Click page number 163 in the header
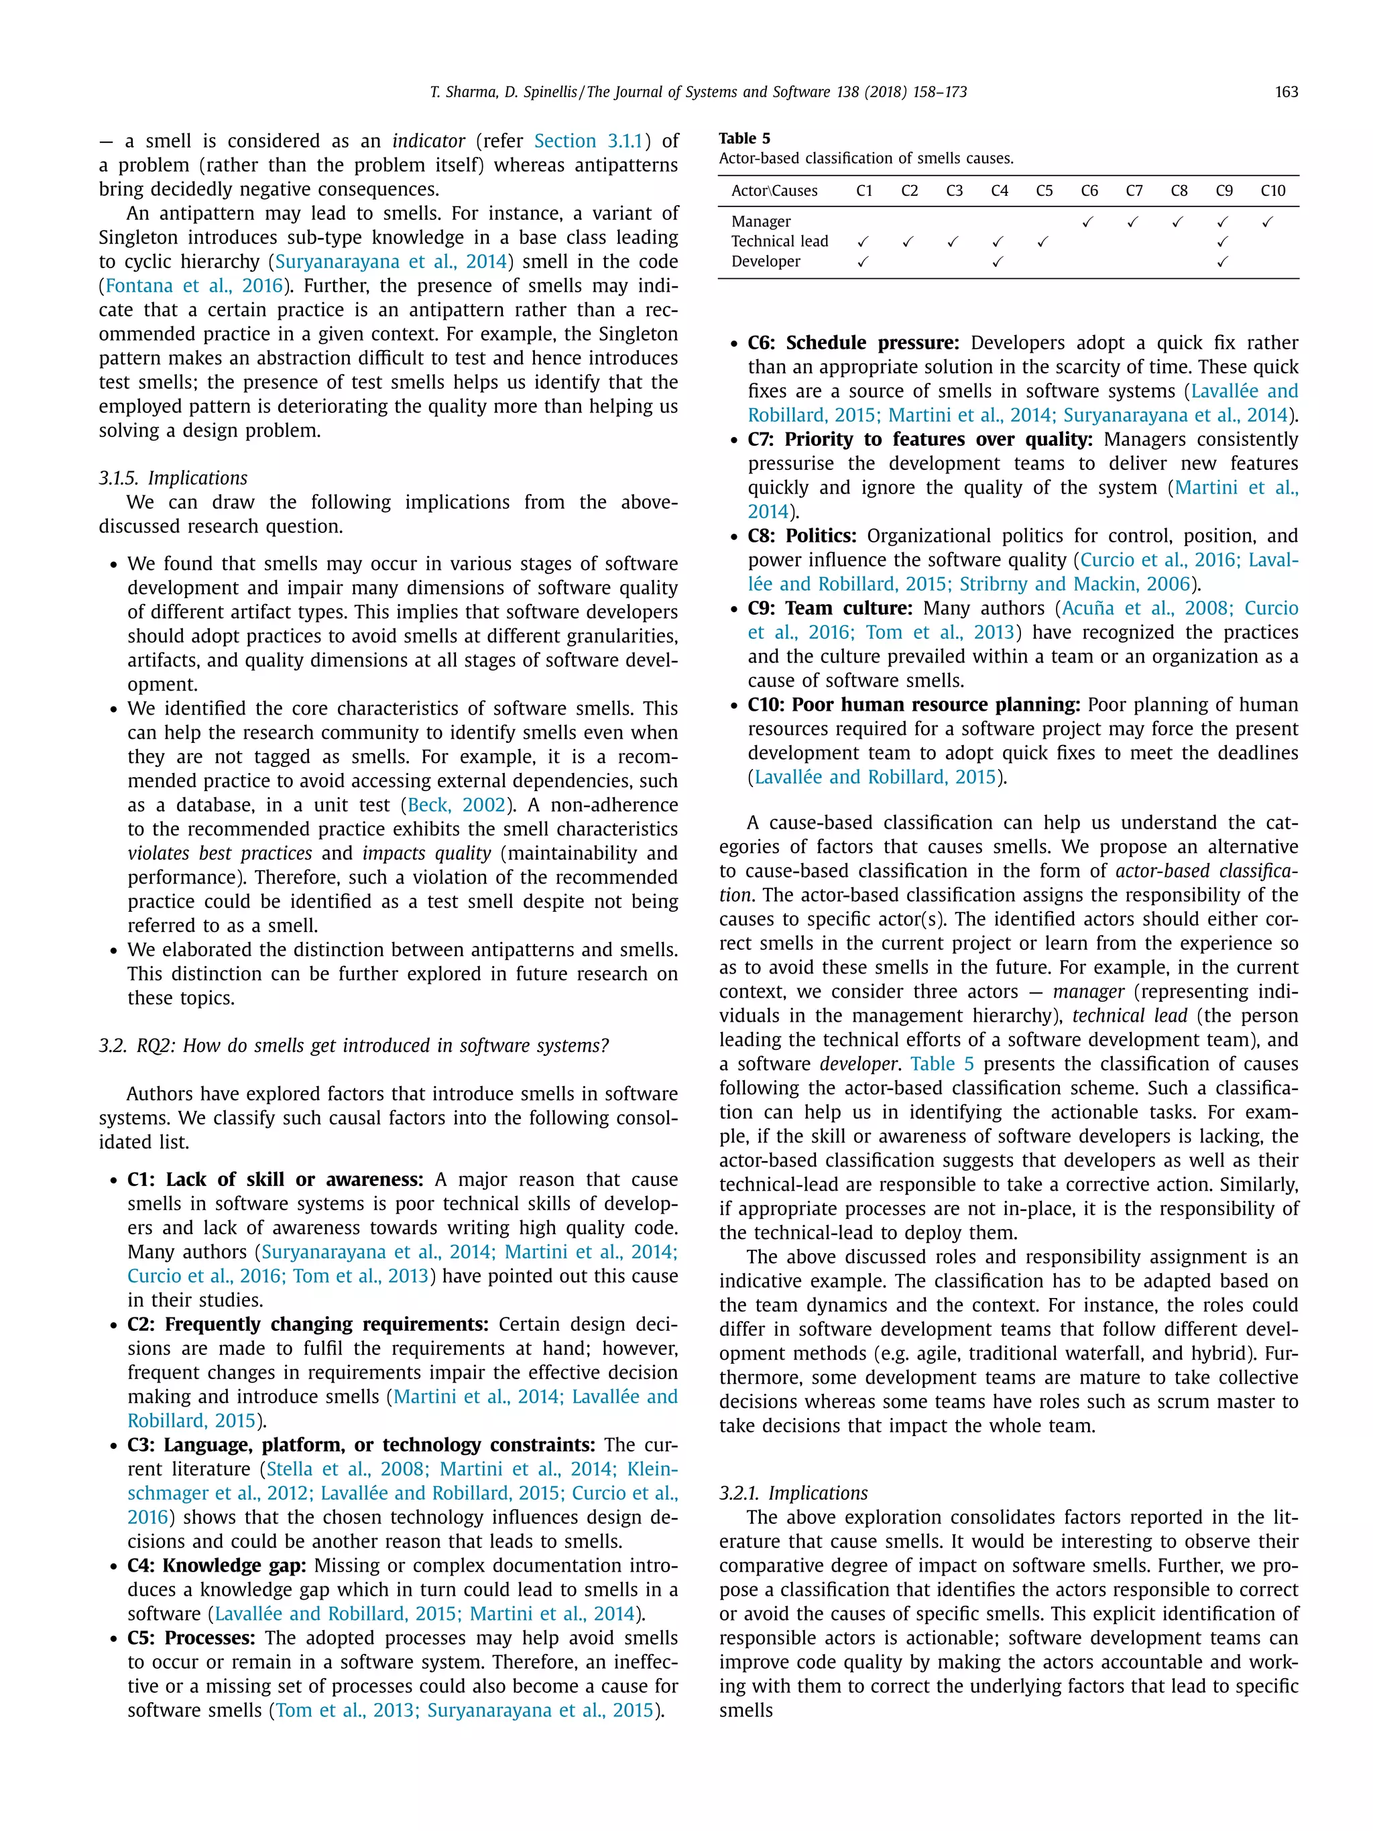[x=1286, y=92]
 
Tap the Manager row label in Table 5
[x=760, y=222]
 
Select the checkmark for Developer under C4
[x=998, y=261]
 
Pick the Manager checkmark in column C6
[x=1087, y=222]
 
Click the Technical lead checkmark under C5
[x=1042, y=242]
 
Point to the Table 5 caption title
[x=744, y=138]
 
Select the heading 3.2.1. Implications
[x=793, y=1493]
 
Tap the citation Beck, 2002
[x=456, y=805]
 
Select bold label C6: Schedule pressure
[x=853, y=343]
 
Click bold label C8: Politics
[x=802, y=536]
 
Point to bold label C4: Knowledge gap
[x=217, y=1566]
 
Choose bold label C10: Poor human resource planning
[x=914, y=705]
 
